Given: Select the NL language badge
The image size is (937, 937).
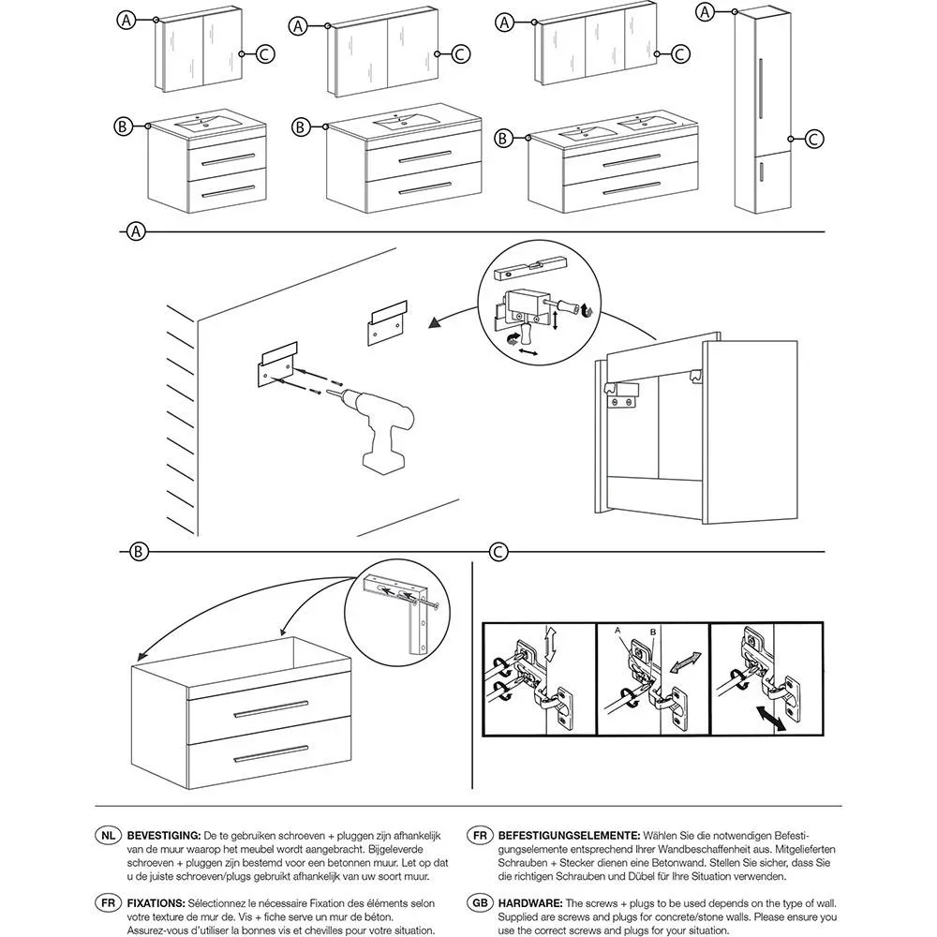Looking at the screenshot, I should coord(109,834).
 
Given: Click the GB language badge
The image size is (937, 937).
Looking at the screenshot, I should coord(479,901).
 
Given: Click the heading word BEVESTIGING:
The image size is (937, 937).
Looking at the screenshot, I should coord(163,834).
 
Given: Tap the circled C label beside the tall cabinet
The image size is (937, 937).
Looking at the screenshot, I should coord(814,139).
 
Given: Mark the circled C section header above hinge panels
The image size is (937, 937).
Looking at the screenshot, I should coord(499,551).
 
